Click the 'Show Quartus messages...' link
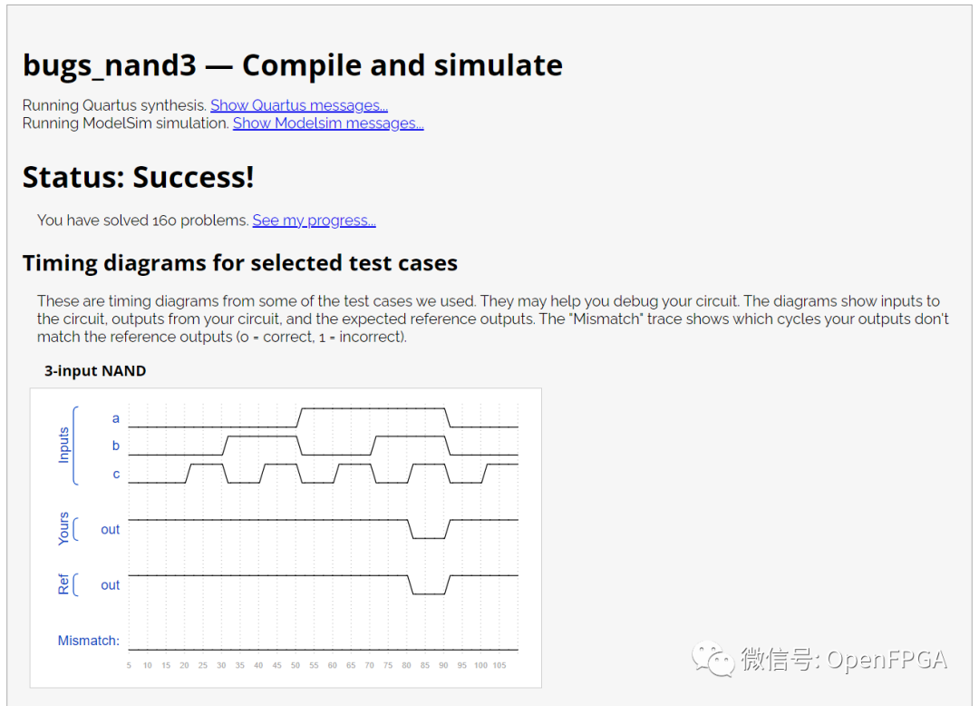tap(299, 105)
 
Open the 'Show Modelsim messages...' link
tap(328, 123)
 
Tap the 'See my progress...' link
tap(314, 221)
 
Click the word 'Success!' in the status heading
tap(194, 177)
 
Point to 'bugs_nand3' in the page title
tap(110, 66)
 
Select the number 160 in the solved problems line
tap(165, 221)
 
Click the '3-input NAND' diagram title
tap(95, 371)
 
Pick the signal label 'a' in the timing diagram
tap(115, 418)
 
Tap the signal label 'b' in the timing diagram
tap(115, 446)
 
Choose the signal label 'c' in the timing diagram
tap(116, 475)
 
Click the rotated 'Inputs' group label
tap(63, 445)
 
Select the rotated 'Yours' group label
tap(63, 528)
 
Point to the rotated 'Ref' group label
tap(63, 584)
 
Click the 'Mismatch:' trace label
tap(88, 641)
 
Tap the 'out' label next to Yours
tap(110, 530)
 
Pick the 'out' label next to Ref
tap(110, 585)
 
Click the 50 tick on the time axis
tap(296, 665)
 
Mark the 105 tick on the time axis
tap(499, 665)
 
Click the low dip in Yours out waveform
tap(428, 538)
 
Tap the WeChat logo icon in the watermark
tap(712, 659)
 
